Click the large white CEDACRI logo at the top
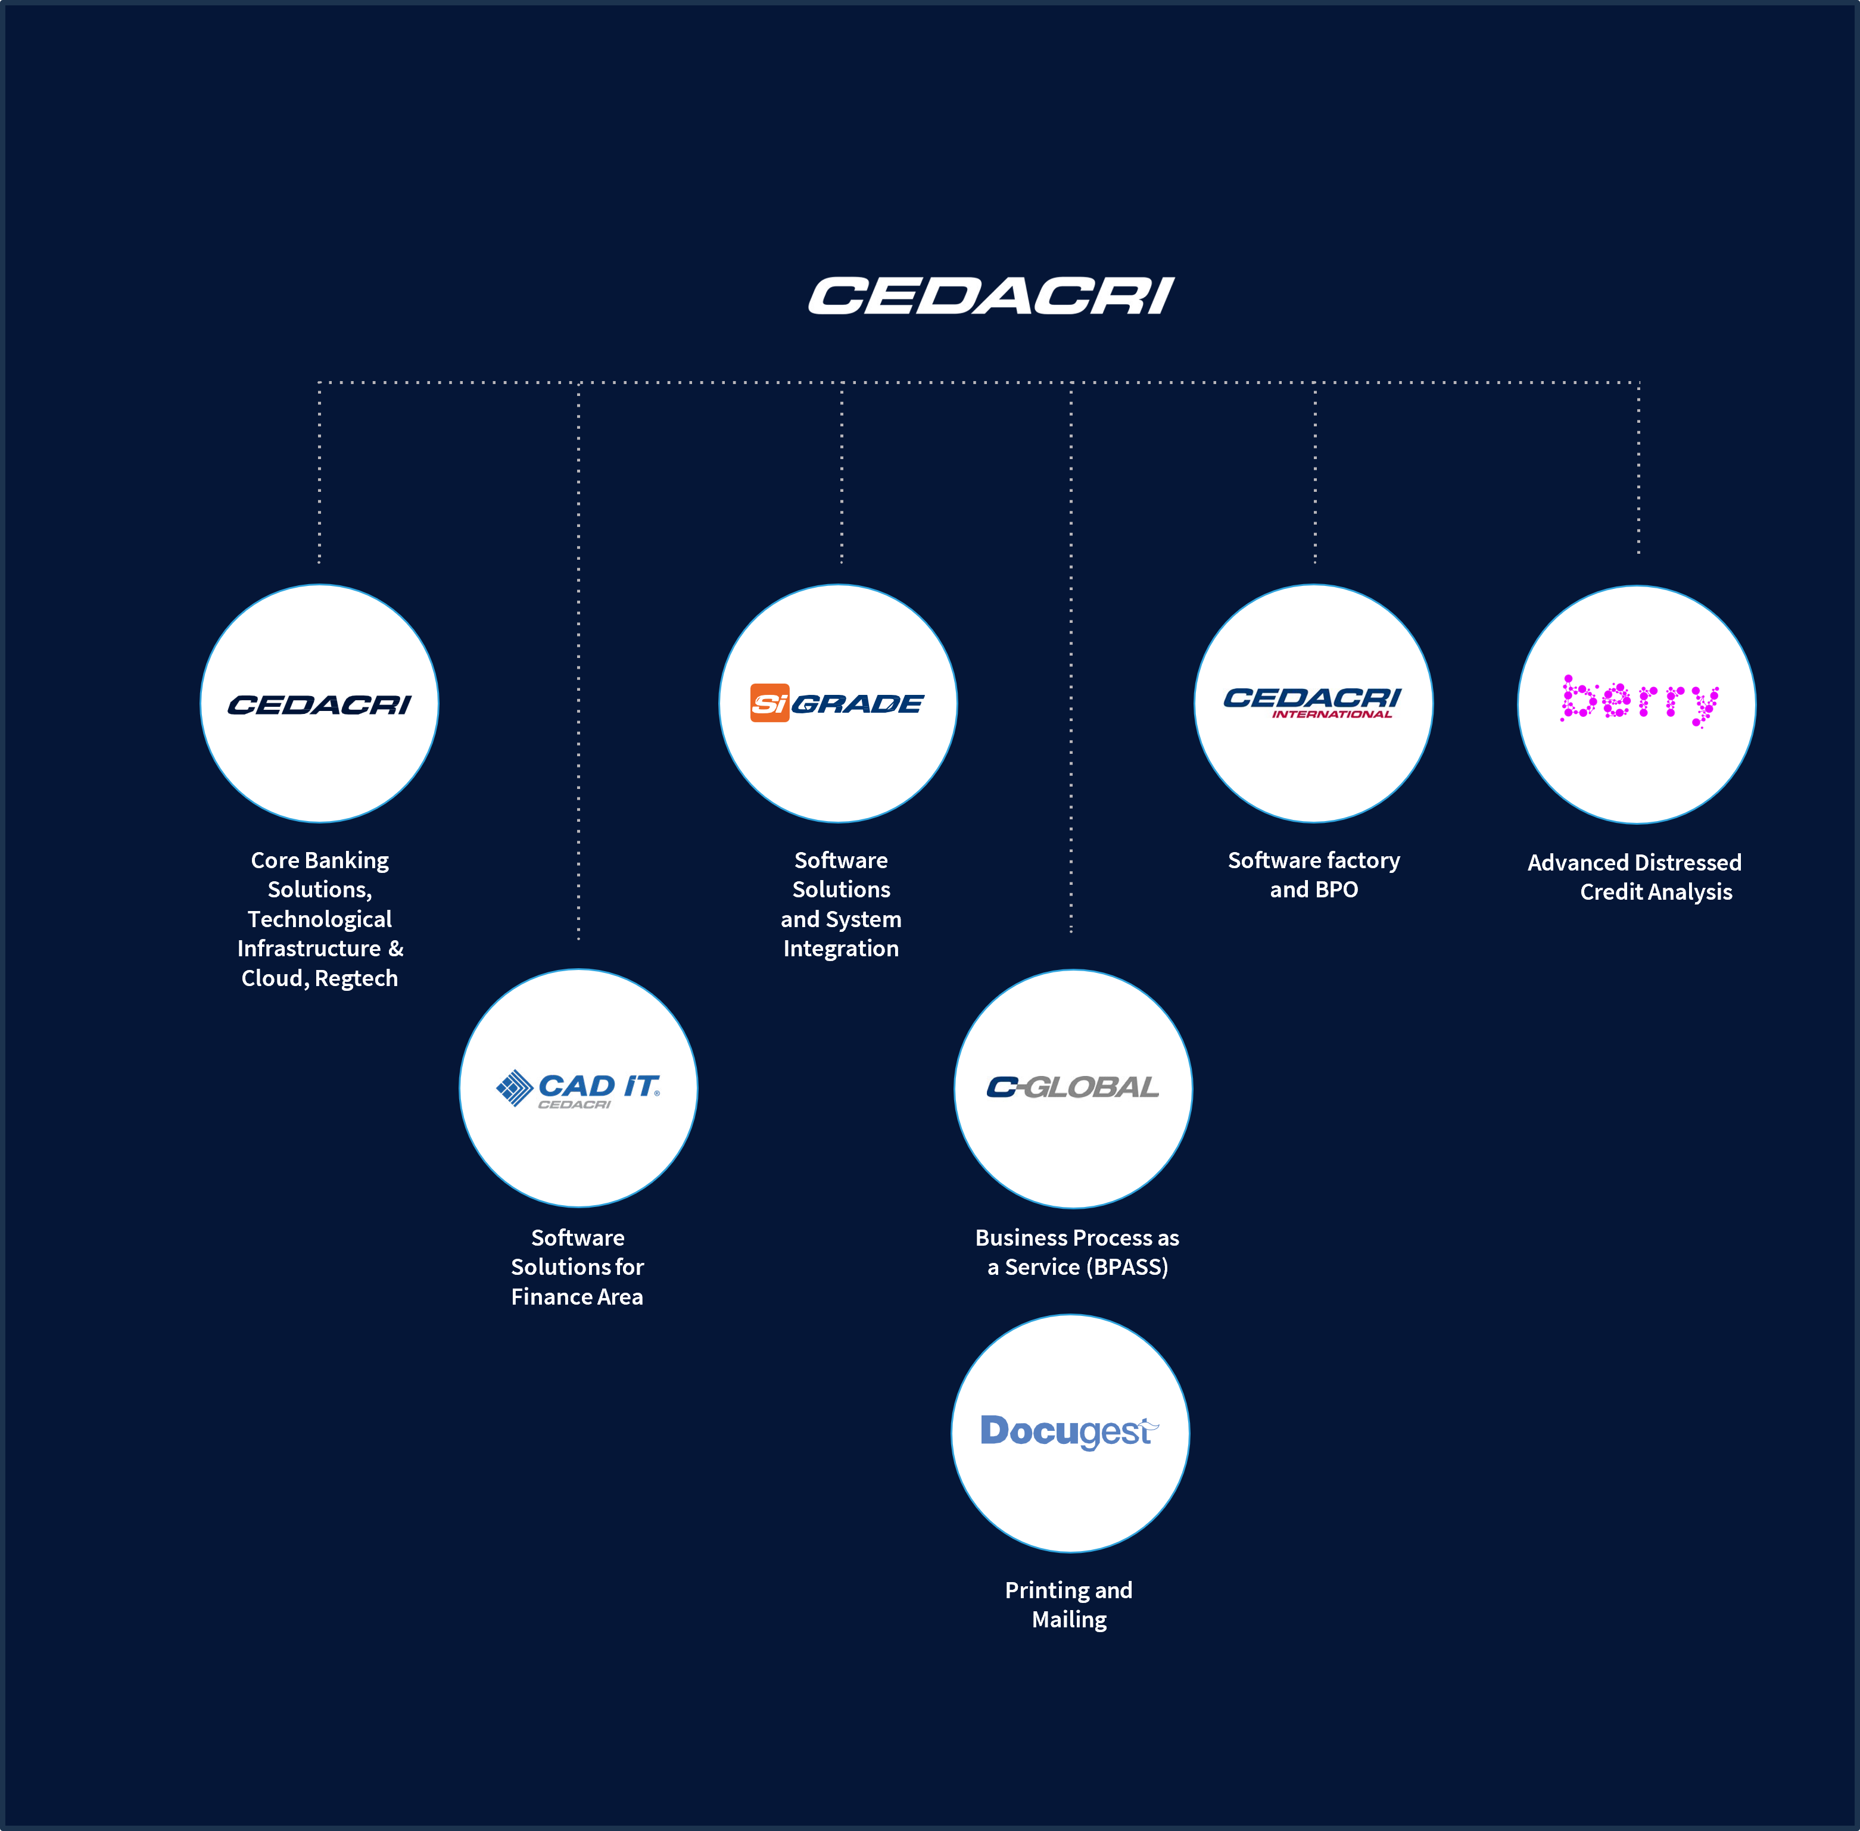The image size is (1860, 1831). [x=990, y=295]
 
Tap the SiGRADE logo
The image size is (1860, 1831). [x=837, y=703]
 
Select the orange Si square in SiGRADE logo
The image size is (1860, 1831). [x=769, y=703]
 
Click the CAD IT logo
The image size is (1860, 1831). [x=578, y=1088]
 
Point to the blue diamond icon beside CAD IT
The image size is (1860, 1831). [x=513, y=1088]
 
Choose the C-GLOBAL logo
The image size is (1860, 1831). [x=1072, y=1088]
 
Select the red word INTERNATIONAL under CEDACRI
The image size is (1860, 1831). [x=1332, y=715]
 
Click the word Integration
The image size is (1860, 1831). [x=840, y=949]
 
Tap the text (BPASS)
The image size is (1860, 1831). [x=1126, y=1268]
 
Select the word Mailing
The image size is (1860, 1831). [x=1070, y=1620]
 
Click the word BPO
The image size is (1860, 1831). [x=1337, y=890]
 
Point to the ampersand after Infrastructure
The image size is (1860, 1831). [x=396, y=949]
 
